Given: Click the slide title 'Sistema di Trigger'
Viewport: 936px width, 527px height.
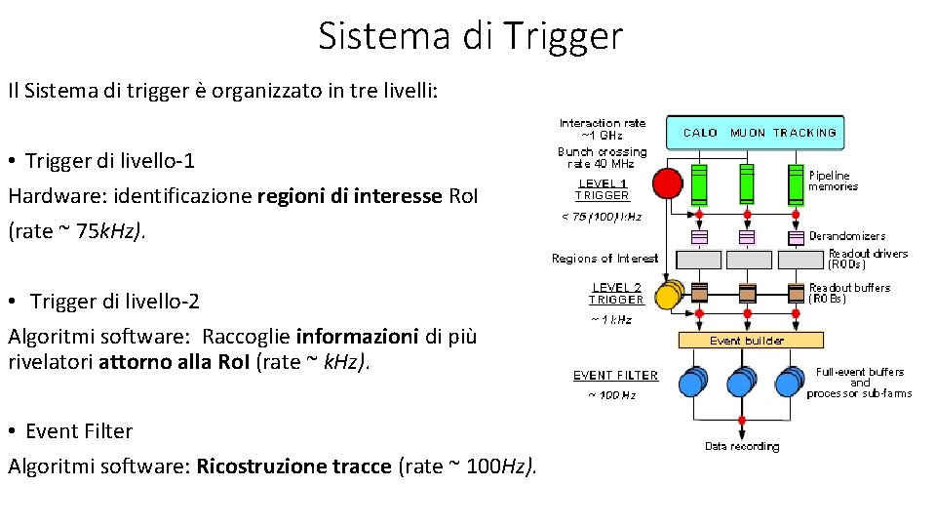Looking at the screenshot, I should [x=469, y=36].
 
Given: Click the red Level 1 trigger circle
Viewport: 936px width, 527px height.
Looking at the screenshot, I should [x=667, y=182].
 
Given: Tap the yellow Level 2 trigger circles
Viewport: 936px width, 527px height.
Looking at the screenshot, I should [x=669, y=294].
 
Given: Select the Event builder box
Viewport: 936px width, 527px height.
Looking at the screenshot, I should [x=747, y=341].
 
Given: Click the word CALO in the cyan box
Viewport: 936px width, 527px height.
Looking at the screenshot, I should [x=700, y=133].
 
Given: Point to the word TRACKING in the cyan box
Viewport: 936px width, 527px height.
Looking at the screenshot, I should [x=804, y=133].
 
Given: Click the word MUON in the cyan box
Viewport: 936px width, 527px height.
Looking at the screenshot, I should [x=748, y=133].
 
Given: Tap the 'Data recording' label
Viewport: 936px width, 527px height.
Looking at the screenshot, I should [x=742, y=446].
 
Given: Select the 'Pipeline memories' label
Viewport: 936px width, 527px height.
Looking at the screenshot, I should [x=833, y=181].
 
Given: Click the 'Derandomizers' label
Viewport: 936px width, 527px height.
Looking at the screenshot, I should [x=847, y=236].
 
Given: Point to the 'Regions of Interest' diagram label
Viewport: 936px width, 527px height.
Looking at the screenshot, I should [x=604, y=259].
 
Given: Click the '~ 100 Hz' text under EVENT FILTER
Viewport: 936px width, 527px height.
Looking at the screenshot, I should [x=611, y=395].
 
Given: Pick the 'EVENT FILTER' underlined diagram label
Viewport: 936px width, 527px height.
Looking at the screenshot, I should [x=615, y=376].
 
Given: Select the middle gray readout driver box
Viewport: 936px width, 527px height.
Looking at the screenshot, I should [x=747, y=260].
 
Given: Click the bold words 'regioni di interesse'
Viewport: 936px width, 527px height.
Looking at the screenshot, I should [x=349, y=196].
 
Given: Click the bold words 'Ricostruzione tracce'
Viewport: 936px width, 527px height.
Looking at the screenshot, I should [x=294, y=466].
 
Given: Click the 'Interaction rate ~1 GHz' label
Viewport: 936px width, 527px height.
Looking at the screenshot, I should [x=603, y=129].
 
